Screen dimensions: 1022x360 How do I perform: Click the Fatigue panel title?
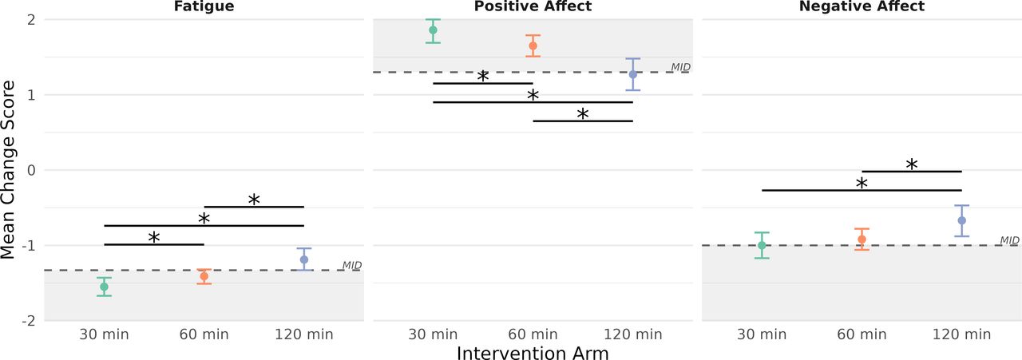(204, 6)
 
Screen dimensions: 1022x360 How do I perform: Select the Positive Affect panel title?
(533, 6)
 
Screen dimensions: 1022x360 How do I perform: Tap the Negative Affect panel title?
(862, 6)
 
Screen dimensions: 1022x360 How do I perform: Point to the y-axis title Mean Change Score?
(8, 170)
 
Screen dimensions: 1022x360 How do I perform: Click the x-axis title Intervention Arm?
(533, 353)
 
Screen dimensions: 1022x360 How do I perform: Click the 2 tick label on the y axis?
(31, 20)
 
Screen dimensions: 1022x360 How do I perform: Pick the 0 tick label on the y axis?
(31, 171)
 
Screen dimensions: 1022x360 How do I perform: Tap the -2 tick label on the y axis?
(29, 321)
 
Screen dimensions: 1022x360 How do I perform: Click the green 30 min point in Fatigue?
(104, 287)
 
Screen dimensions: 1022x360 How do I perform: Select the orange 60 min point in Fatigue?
(204, 276)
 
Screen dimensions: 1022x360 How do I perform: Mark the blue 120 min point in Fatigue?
(304, 259)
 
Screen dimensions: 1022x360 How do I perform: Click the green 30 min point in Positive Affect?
(433, 30)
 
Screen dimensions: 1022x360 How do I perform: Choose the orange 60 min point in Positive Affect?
(533, 45)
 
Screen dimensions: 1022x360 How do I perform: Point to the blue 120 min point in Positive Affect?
(633, 74)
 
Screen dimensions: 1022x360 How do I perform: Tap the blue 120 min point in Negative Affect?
(962, 220)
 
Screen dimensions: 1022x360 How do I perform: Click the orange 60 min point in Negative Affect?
(862, 239)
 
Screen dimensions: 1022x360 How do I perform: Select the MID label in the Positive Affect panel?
(681, 67)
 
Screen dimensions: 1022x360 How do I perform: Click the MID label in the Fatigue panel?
(352, 266)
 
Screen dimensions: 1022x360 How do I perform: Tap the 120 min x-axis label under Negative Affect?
(962, 334)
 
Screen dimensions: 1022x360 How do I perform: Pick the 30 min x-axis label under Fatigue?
(104, 334)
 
